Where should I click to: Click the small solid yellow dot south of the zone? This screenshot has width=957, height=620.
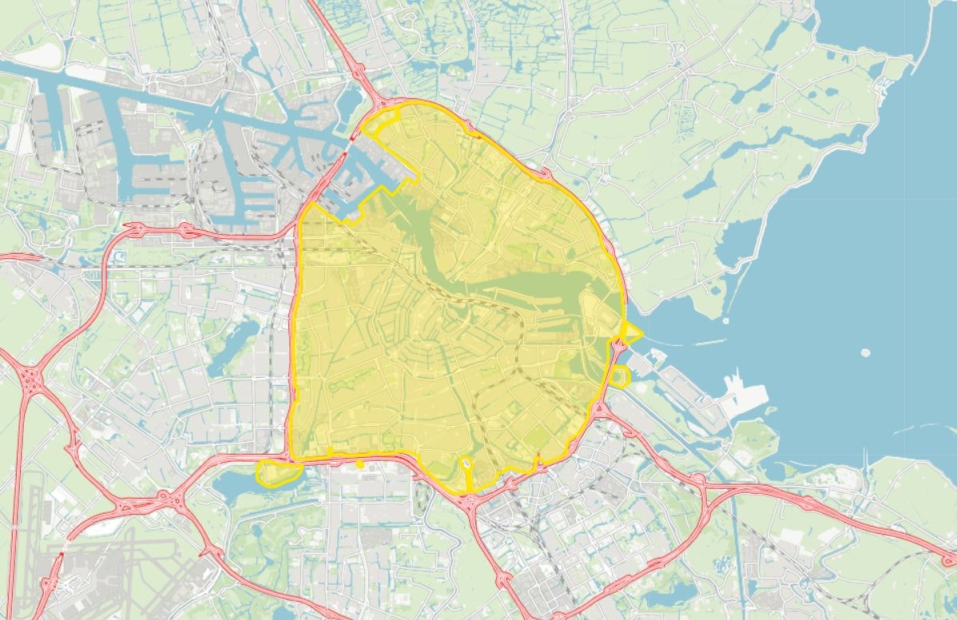click(360, 463)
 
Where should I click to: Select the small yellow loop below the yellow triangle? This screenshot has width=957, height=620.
click(621, 376)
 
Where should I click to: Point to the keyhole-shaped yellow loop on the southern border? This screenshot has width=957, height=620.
click(467, 464)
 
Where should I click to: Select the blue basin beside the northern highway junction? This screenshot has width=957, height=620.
click(350, 100)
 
